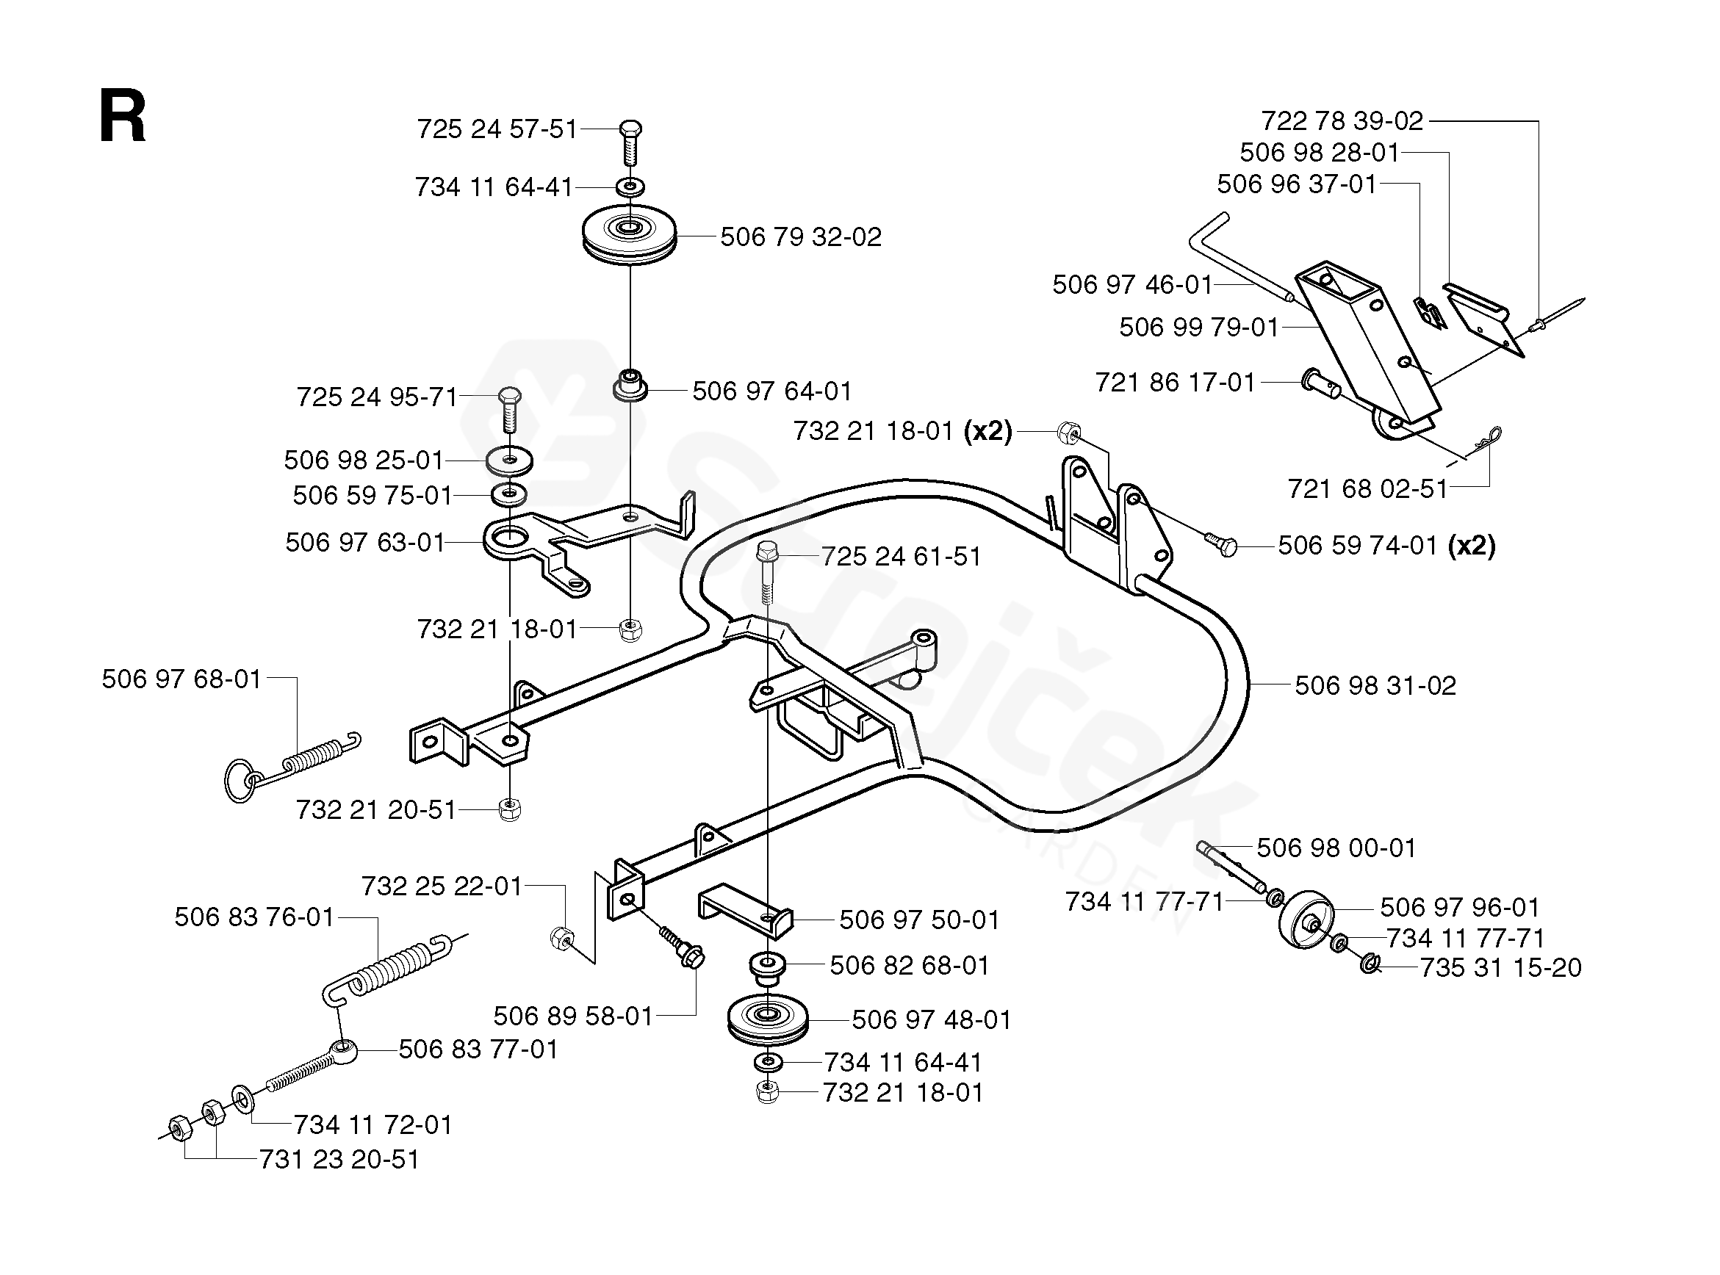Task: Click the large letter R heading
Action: pyautogui.click(x=122, y=117)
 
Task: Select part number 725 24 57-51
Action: pyautogui.click(x=497, y=129)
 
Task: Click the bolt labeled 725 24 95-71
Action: pyautogui.click(x=508, y=408)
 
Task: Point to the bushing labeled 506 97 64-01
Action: pyautogui.click(x=630, y=384)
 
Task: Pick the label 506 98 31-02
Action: pyautogui.click(x=1375, y=685)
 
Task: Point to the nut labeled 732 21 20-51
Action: pyautogui.click(x=509, y=809)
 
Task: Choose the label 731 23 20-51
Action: pyautogui.click(x=339, y=1159)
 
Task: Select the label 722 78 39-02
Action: pyautogui.click(x=1342, y=121)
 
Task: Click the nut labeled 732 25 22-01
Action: pyautogui.click(x=563, y=939)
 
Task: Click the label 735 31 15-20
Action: pyautogui.click(x=1500, y=968)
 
